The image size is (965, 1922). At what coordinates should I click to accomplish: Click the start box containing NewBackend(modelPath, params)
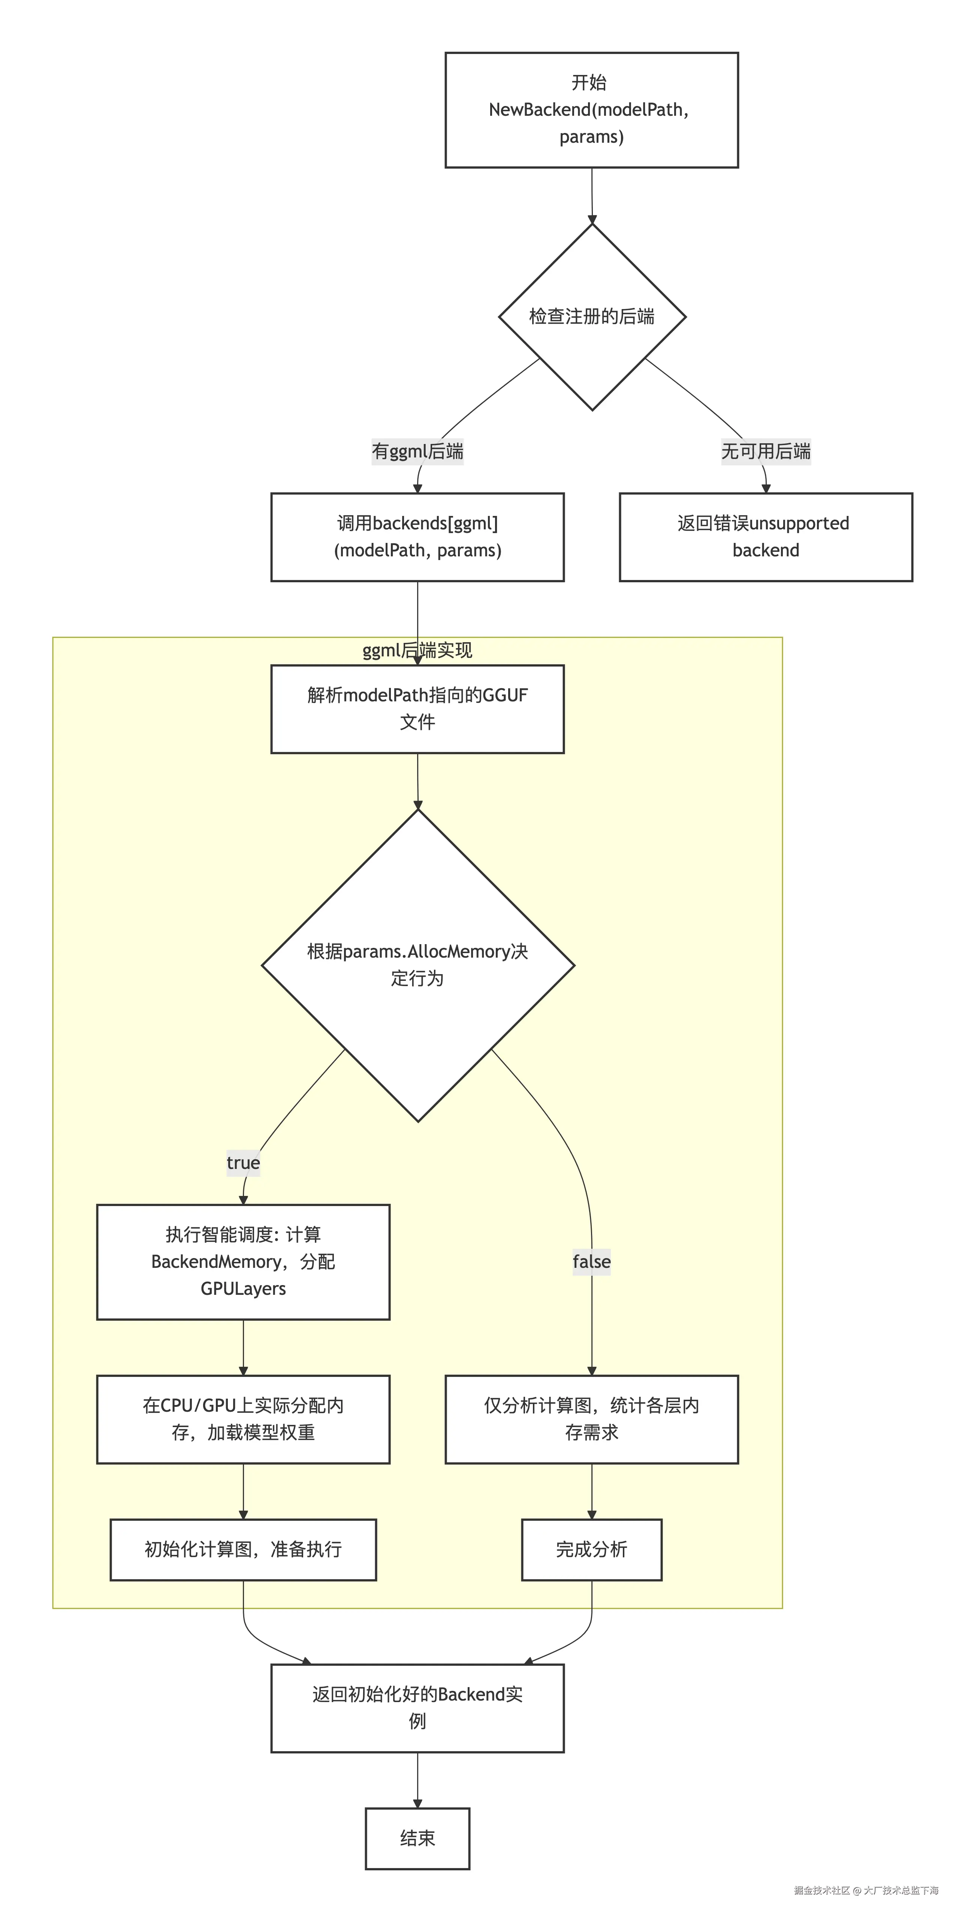pyautogui.click(x=591, y=110)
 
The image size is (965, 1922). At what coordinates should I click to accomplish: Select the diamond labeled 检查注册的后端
pyautogui.click(x=591, y=316)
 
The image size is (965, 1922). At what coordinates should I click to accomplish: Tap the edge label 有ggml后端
pyautogui.click(x=417, y=451)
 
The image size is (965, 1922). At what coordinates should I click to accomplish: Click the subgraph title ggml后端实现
pyautogui.click(x=417, y=651)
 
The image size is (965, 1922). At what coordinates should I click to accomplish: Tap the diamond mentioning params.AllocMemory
pyautogui.click(x=417, y=965)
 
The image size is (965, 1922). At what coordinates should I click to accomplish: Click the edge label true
pyautogui.click(x=243, y=1163)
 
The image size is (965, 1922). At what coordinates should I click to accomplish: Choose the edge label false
pyautogui.click(x=591, y=1262)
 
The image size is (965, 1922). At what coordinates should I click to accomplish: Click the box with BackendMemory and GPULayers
pyautogui.click(x=243, y=1262)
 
